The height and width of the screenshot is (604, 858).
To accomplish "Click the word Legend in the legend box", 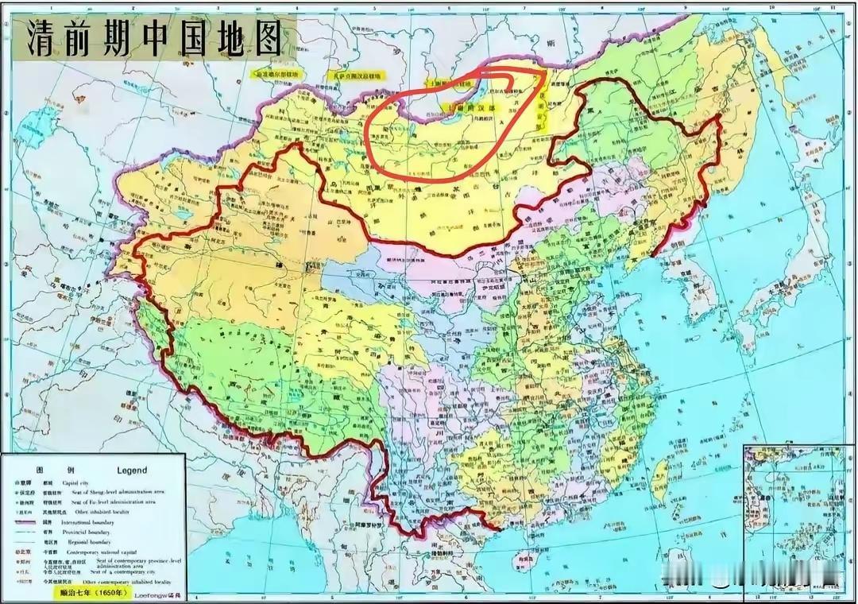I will [132, 470].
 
